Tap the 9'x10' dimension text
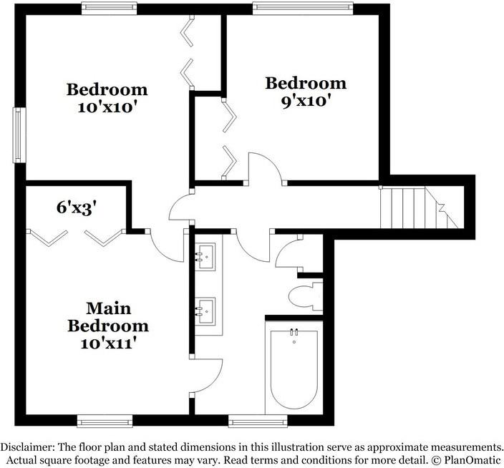tap(306, 101)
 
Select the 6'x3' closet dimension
tap(77, 208)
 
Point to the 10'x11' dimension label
tap(107, 343)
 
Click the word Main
tap(109, 308)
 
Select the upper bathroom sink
tap(205, 256)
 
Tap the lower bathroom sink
tap(205, 311)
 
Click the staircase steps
tap(419, 208)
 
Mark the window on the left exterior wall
tap(19, 135)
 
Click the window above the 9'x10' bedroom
tap(302, 8)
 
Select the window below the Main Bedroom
tap(105, 421)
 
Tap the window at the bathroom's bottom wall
tap(258, 421)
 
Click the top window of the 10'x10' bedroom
tap(110, 8)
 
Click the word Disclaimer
tap(26, 447)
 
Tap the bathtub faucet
tap(294, 333)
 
